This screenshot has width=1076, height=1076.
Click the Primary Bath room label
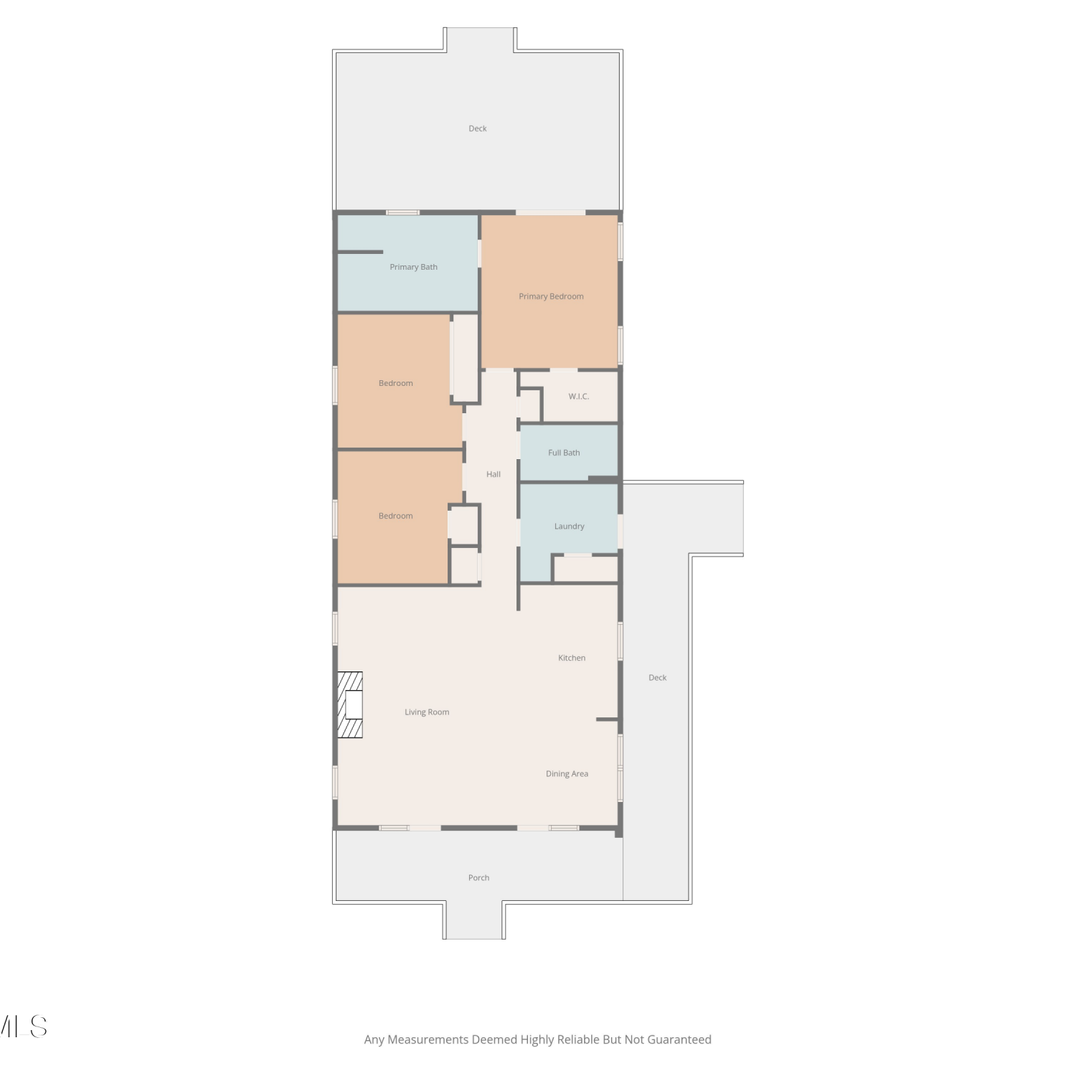coord(413,267)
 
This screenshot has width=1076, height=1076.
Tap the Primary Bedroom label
coord(551,296)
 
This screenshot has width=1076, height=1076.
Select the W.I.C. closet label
coord(578,396)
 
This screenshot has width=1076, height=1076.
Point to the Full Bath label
coord(564,453)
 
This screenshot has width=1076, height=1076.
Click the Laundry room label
coord(569,527)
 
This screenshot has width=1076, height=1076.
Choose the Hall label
coord(494,474)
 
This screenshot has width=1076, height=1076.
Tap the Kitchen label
coord(572,658)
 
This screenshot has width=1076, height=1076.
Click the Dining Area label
coord(567,774)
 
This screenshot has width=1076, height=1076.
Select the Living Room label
coord(427,712)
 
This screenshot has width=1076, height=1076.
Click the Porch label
coord(478,878)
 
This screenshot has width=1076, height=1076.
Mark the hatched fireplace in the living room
coord(350,704)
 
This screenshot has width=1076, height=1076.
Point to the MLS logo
coord(23,1027)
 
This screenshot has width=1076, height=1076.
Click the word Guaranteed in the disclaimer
coord(679,1039)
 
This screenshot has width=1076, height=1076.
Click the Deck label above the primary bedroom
coord(478,129)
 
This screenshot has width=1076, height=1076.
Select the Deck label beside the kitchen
coord(658,678)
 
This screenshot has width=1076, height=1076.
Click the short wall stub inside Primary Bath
coord(360,252)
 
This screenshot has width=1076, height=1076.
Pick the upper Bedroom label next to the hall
coord(396,383)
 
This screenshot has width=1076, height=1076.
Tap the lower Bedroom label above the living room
coord(396,516)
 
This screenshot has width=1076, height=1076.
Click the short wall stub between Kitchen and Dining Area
coord(607,719)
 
